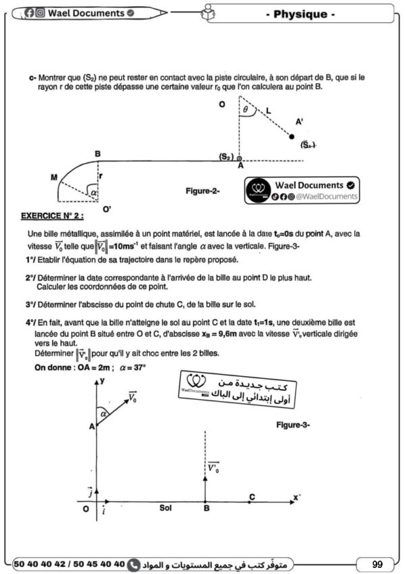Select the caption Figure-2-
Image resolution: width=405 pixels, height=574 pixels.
click(x=202, y=191)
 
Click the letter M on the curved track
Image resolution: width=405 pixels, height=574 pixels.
click(x=53, y=176)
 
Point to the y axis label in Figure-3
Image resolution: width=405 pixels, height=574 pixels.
click(x=104, y=382)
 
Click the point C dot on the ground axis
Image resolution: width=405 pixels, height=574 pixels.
click(x=251, y=501)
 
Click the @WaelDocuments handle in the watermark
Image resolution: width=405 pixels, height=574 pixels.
click(x=321, y=196)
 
